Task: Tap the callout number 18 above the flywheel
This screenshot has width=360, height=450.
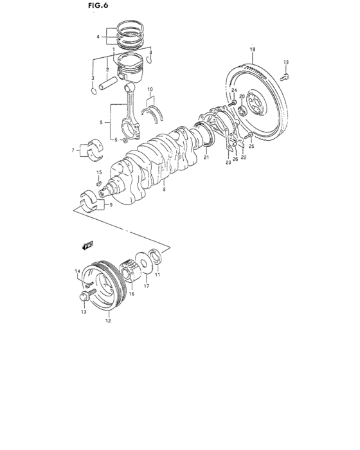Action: [x=253, y=50]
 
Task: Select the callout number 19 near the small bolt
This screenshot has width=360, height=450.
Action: [x=287, y=62]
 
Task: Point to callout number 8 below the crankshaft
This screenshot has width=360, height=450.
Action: [x=165, y=190]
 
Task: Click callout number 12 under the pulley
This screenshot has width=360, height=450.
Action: [x=108, y=319]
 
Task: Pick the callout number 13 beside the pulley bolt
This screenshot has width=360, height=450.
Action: [x=82, y=312]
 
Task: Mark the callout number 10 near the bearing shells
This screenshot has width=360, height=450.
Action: [x=150, y=89]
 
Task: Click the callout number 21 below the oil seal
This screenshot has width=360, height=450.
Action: [x=206, y=157]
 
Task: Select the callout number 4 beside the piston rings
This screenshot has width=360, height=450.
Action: [x=98, y=37]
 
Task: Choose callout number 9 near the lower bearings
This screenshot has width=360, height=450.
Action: [x=110, y=205]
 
